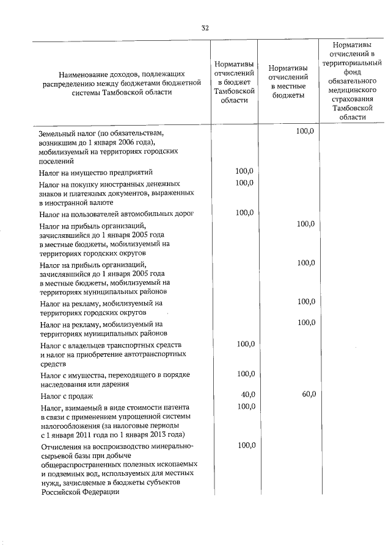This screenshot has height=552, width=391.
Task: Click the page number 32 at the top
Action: (x=205, y=27)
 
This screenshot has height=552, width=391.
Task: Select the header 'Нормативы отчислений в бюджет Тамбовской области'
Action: (x=234, y=83)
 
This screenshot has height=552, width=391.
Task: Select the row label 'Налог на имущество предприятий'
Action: (x=96, y=173)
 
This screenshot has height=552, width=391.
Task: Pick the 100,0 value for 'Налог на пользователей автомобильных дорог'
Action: (x=246, y=212)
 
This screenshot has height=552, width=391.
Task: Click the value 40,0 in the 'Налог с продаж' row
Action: (x=247, y=395)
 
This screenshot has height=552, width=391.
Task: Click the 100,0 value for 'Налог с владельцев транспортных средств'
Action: (x=246, y=345)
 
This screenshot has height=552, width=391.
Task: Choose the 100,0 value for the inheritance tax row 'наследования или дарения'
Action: (x=246, y=373)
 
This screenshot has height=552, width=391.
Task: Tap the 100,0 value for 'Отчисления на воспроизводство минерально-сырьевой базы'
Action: (x=246, y=445)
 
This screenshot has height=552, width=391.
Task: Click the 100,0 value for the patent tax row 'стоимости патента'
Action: (x=246, y=406)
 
